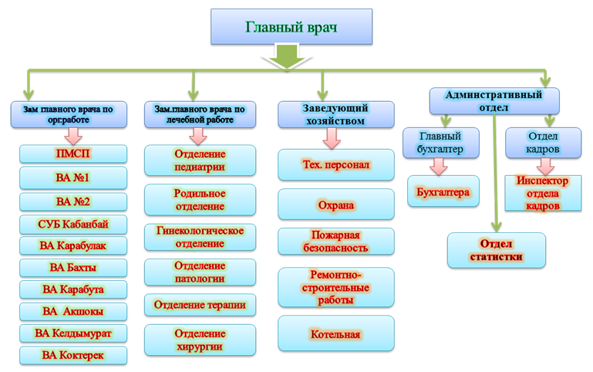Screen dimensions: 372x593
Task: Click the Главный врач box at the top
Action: tap(291, 28)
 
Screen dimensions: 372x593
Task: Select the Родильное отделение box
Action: tap(200, 200)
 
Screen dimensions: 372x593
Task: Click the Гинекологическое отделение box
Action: tap(200, 237)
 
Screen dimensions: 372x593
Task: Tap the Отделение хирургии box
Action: tap(200, 340)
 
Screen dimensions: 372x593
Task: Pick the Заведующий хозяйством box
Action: tap(333, 114)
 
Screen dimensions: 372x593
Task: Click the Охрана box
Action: tap(335, 205)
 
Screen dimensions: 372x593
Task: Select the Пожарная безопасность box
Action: tap(335, 242)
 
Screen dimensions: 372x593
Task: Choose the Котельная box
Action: tap(335, 335)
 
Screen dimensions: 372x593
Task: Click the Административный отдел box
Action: tap(494, 100)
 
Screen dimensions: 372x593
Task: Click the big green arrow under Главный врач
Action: tap(286, 56)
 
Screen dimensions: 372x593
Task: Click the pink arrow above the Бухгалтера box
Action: tap(438, 166)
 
